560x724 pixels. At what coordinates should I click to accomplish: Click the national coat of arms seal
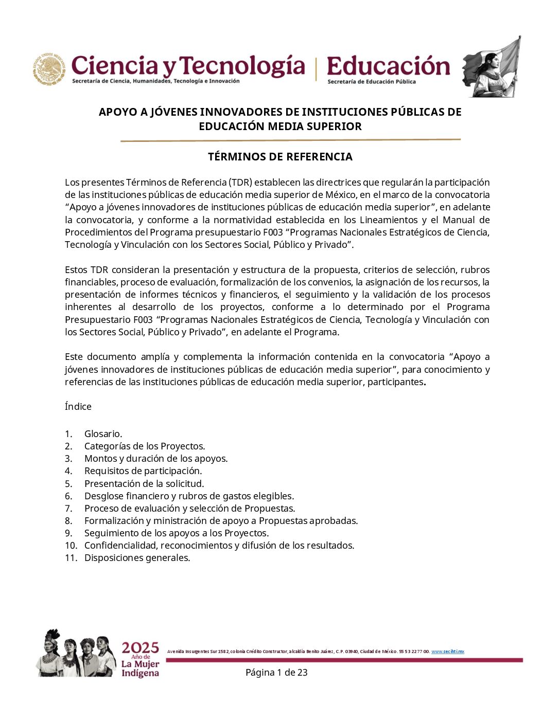click(x=49, y=69)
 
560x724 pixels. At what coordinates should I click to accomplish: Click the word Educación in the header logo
click(x=388, y=67)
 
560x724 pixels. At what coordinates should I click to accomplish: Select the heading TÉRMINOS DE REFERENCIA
click(x=280, y=157)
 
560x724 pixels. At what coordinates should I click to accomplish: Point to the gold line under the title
click(x=290, y=140)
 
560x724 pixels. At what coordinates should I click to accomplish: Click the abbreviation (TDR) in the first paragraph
click(x=240, y=183)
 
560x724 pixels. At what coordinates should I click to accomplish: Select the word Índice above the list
click(x=78, y=407)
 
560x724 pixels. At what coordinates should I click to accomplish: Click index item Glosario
click(x=103, y=434)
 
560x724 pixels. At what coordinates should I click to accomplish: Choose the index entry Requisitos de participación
click(x=143, y=471)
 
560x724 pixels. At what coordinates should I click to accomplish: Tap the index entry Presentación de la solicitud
click(x=144, y=484)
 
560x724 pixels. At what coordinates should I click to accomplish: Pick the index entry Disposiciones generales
click(x=137, y=558)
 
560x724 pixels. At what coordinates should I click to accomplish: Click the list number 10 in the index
click(x=71, y=546)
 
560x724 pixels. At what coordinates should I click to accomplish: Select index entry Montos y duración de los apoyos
click(x=156, y=459)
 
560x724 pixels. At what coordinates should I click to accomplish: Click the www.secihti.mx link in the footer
click(x=448, y=651)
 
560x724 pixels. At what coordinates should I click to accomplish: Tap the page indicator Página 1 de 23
click(x=276, y=673)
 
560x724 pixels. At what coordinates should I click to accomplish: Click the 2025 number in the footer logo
click(x=140, y=648)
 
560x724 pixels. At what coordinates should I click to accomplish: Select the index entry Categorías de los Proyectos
click(x=145, y=446)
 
